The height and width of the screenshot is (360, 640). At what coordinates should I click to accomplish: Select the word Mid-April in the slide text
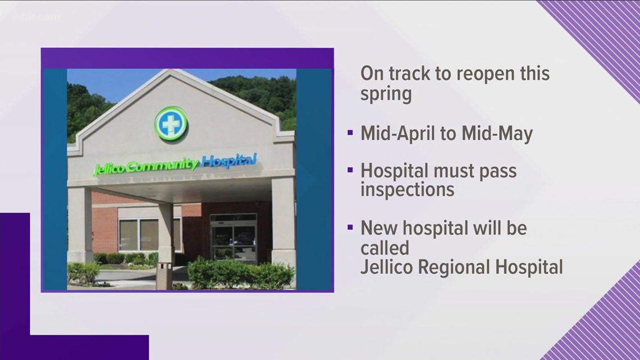(400, 135)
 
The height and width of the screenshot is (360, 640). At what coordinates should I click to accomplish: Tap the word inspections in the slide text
(407, 190)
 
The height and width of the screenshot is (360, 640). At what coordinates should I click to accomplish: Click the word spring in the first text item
(386, 93)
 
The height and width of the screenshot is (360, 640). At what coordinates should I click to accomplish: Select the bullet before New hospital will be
(350, 229)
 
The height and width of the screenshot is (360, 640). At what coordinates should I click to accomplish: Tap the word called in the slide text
(385, 247)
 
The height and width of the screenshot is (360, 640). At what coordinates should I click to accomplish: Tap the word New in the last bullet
(377, 228)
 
